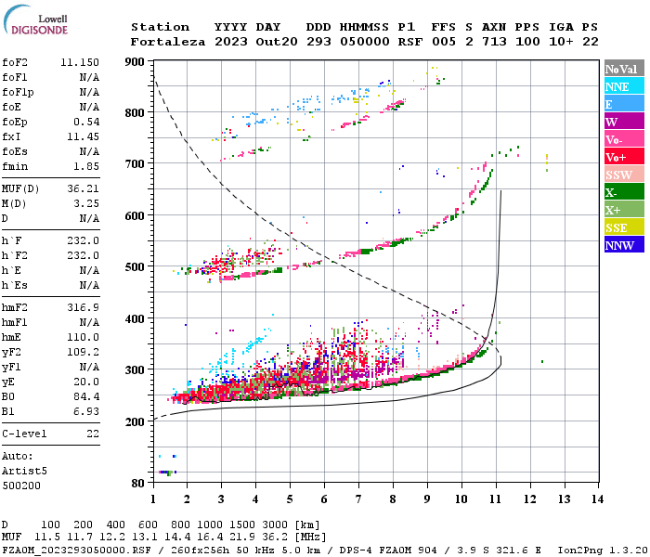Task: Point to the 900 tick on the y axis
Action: point(136,62)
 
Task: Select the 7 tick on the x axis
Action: point(358,499)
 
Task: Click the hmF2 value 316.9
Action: point(84,307)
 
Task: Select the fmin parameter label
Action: point(15,166)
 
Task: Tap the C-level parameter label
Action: point(23,434)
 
